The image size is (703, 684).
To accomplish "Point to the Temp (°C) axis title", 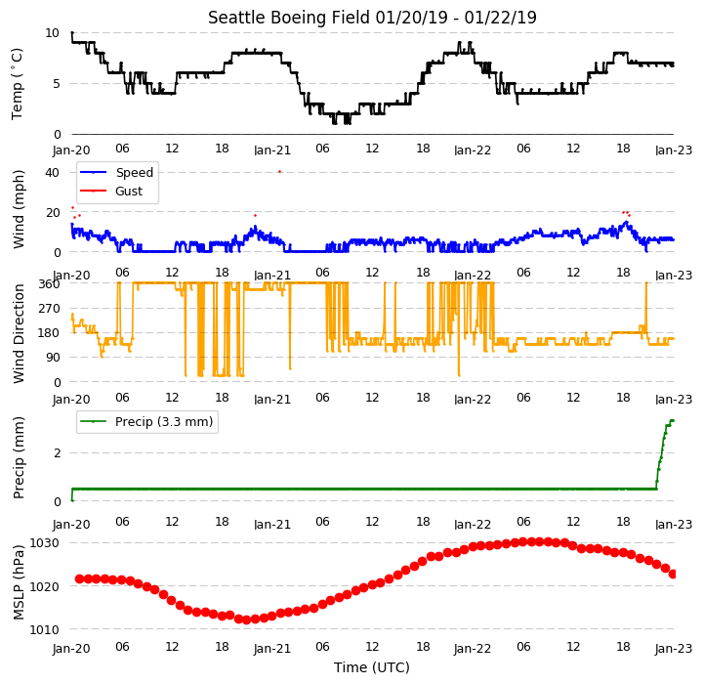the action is pyautogui.click(x=17, y=84).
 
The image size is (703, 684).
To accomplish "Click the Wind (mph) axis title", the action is pyautogui.click(x=19, y=209).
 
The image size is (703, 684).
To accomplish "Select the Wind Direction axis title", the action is pyautogui.click(x=19, y=333).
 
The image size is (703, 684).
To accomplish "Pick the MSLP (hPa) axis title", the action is pyautogui.click(x=19, y=582).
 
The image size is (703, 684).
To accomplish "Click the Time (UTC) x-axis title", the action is pyautogui.click(x=372, y=667).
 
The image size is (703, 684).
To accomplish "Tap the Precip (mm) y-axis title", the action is pyautogui.click(x=19, y=458).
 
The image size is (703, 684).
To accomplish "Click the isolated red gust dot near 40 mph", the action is pyautogui.click(x=280, y=171).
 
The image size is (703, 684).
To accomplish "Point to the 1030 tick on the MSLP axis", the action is pyautogui.click(x=44, y=543).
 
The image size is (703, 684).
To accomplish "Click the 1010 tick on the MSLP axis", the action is pyautogui.click(x=44, y=629).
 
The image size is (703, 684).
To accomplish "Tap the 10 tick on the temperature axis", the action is pyautogui.click(x=52, y=33).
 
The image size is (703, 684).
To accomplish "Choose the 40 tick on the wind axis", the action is pyautogui.click(x=52, y=172).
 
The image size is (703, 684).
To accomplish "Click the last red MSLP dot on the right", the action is pyautogui.click(x=673, y=574).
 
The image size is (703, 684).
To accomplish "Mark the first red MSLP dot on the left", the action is pyautogui.click(x=79, y=579).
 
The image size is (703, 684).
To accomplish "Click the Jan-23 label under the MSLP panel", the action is pyautogui.click(x=674, y=649).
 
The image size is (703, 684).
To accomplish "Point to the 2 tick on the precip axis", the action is pyautogui.click(x=57, y=452).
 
